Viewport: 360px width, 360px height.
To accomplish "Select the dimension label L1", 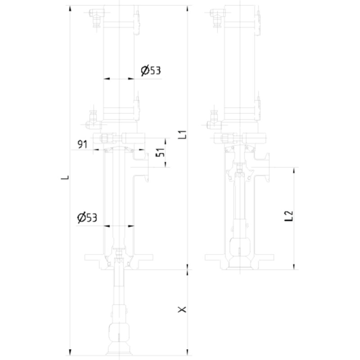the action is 183,135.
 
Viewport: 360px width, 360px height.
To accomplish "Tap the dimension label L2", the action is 289,216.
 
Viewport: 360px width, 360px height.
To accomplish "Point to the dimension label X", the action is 182,310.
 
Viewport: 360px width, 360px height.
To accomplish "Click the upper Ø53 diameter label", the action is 151,70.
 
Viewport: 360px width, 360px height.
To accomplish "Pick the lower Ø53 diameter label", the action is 87,217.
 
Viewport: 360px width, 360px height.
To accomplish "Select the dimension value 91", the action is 82,144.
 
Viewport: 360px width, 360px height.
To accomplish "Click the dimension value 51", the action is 160,152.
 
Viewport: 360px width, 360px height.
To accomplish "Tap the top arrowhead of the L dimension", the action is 70,8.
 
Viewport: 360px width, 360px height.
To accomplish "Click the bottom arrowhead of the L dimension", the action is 70,352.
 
